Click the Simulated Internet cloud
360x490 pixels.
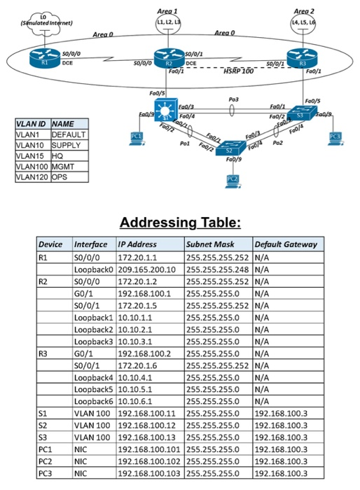(43, 19)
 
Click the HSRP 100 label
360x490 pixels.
(238, 71)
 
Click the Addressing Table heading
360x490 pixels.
(180, 223)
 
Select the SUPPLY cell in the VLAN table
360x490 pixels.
(68, 144)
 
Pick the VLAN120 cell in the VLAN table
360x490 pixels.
(31, 178)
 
